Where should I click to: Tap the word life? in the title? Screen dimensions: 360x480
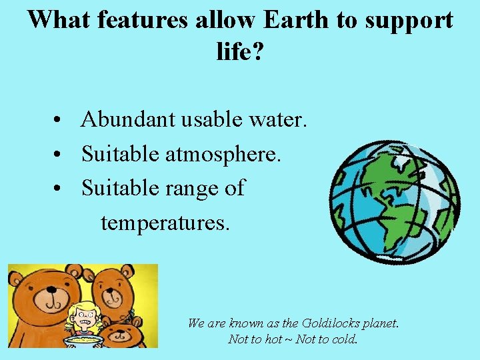240,51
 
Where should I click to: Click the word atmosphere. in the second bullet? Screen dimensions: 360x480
223,155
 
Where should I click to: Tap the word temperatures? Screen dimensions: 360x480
165,223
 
